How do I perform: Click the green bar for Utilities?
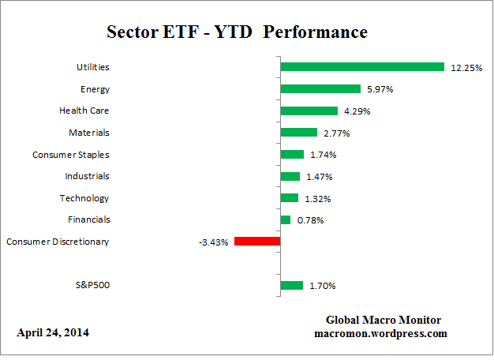(x=362, y=67)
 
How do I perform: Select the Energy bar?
(x=320, y=89)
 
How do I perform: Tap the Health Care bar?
(x=309, y=111)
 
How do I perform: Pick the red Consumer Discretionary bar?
(x=256, y=242)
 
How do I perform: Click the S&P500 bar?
(x=291, y=285)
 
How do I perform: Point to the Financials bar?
(x=285, y=219)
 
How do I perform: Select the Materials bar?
(x=298, y=133)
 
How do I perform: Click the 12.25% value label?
(x=466, y=68)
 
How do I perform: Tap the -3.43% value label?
(x=213, y=242)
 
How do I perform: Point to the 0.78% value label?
(x=310, y=220)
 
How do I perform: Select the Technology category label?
(x=84, y=198)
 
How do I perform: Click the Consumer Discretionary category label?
(x=58, y=242)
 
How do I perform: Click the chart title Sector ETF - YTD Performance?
(x=237, y=33)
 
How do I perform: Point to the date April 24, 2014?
(x=53, y=332)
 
